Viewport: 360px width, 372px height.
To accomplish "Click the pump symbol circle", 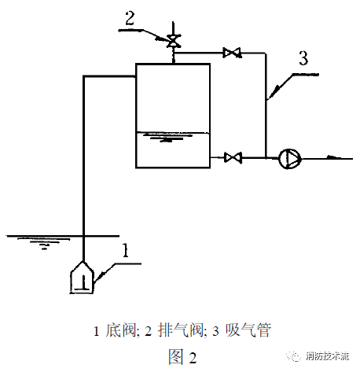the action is pos(289,159).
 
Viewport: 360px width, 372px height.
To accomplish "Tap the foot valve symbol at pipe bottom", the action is pos(82,278).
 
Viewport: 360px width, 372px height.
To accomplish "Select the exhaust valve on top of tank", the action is pos(173,41).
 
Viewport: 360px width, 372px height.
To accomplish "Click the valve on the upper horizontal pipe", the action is pos(232,53).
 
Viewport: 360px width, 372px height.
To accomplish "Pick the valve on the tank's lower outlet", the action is pos(233,157).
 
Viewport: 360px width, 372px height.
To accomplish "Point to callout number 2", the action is pos(130,18).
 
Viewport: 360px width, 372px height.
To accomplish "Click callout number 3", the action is pos(303,58).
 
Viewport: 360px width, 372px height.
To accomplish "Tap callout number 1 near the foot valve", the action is pos(126,250).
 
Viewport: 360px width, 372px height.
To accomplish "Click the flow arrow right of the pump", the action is pos(333,157).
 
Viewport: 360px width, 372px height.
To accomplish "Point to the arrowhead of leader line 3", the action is pos(272,94).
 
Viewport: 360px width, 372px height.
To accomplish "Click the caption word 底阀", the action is pos(121,330).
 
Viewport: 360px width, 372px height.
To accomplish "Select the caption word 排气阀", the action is pos(181,330).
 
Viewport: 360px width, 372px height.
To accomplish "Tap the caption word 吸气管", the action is pos(248,330).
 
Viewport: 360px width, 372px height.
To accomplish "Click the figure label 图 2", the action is pos(182,357).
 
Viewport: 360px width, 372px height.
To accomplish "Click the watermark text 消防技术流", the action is pos(327,356).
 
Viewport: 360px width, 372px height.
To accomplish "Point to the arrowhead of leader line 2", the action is pos(163,39).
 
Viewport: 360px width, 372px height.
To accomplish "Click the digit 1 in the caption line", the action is pos(97,331).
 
